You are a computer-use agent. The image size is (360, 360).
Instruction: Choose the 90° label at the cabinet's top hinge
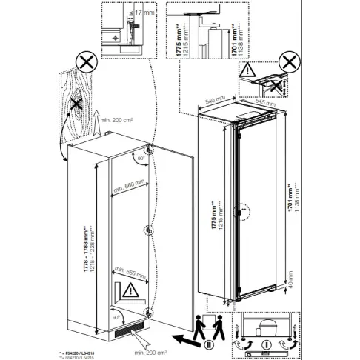(139, 158)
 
